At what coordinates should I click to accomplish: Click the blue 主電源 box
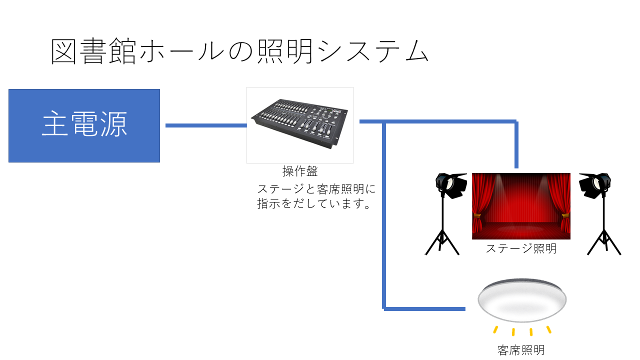[x=84, y=125]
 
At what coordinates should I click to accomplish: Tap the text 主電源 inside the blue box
[x=84, y=123]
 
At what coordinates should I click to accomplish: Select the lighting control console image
[x=300, y=125]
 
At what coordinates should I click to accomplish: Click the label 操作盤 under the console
[x=300, y=171]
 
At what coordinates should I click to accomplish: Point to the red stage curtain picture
[x=521, y=206]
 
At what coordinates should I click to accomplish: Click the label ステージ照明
[x=521, y=248]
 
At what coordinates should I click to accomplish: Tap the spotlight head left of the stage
[x=451, y=185]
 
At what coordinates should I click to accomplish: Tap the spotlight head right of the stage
[x=595, y=185]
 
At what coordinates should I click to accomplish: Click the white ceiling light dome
[x=522, y=300]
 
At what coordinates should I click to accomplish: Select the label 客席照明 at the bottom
[x=521, y=349]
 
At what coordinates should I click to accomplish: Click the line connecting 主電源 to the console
[x=206, y=125]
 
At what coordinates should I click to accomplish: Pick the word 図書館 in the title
[x=93, y=51]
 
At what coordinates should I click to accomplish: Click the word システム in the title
[x=373, y=51]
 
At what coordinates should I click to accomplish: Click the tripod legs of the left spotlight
[x=442, y=241]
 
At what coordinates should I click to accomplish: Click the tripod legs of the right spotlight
[x=604, y=241]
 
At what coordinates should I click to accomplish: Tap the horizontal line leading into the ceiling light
[x=424, y=309]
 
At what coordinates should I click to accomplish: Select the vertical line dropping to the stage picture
[x=516, y=145]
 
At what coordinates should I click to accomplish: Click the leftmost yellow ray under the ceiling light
[x=495, y=329]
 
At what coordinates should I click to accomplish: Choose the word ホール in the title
[x=182, y=51]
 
